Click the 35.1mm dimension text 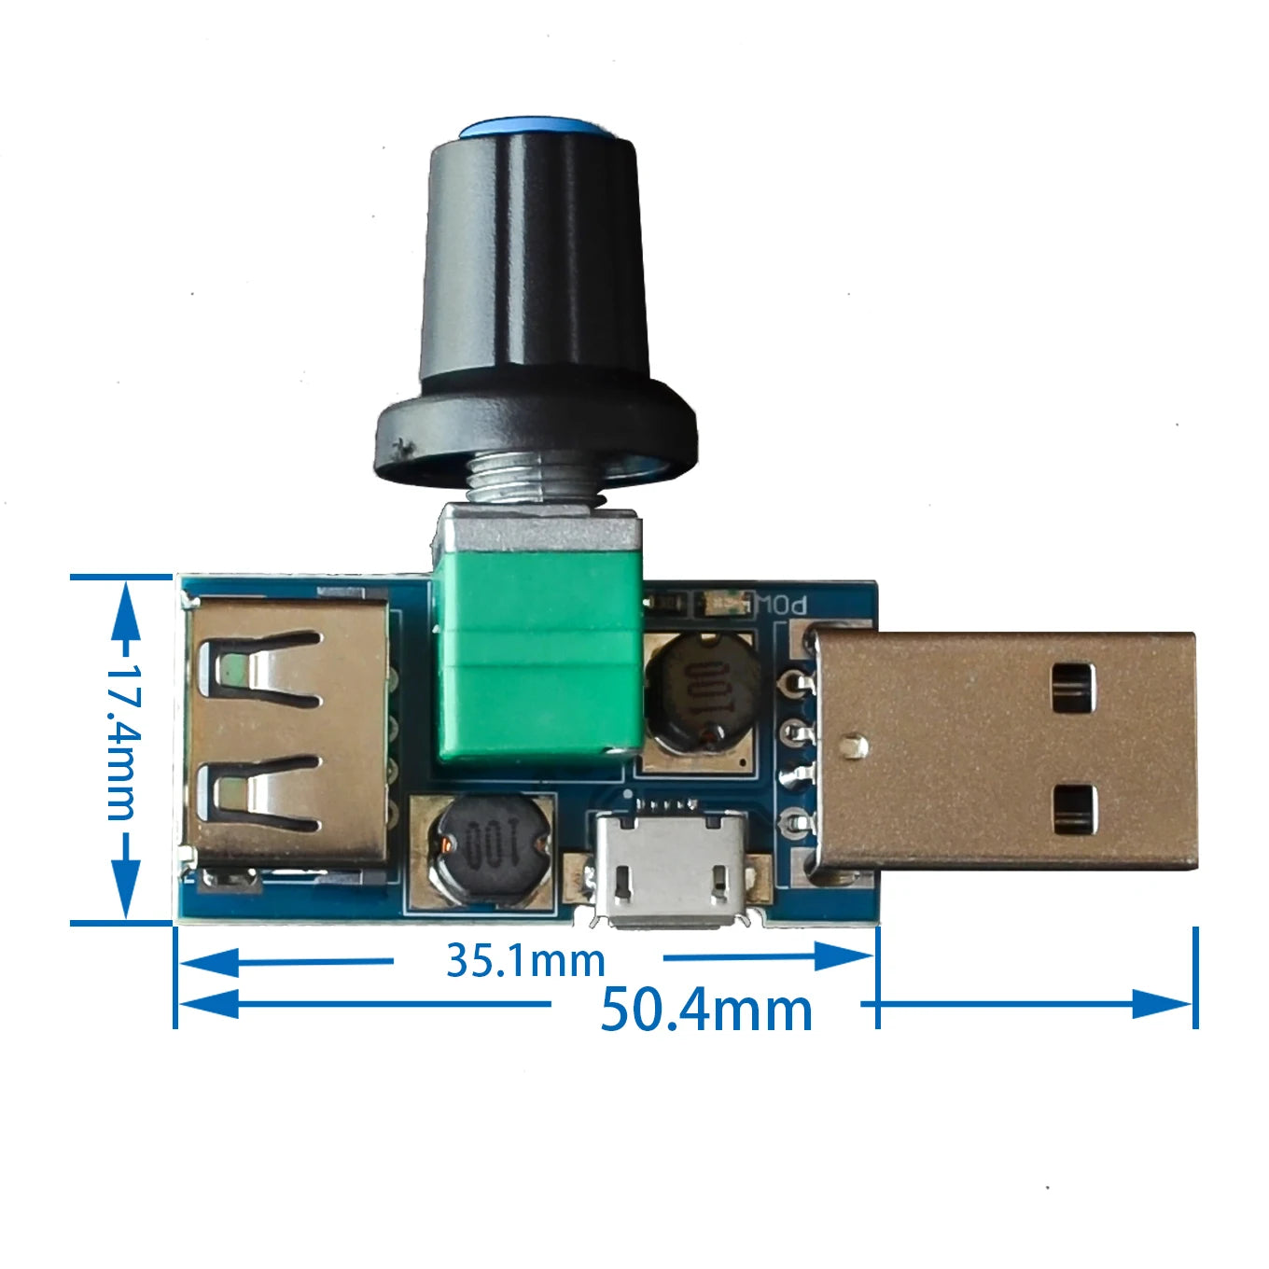coord(525,960)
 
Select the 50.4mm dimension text coord(705,1010)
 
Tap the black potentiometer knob coord(535,299)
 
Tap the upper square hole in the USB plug coord(1073,687)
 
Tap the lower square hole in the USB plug coord(1073,809)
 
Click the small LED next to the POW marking coord(726,604)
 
